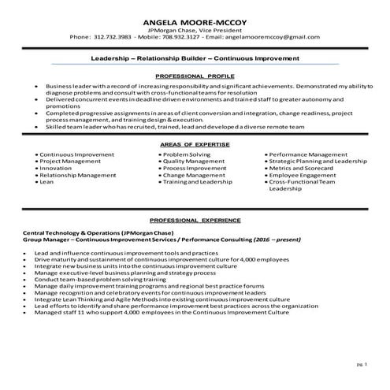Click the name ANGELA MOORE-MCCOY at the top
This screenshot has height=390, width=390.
pos(195,19)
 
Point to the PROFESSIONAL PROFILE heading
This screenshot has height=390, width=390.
pos(195,75)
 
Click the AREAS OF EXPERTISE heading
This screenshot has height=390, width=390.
pos(195,124)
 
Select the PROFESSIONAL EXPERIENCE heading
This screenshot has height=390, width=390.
pos(195,220)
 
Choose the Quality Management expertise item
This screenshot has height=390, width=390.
pos(194,139)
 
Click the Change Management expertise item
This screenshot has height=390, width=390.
pos(194,153)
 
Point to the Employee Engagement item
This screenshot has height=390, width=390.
pos(303,153)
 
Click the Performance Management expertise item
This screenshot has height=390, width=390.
pos(308,132)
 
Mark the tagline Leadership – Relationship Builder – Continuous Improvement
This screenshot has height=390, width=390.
pos(195,58)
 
